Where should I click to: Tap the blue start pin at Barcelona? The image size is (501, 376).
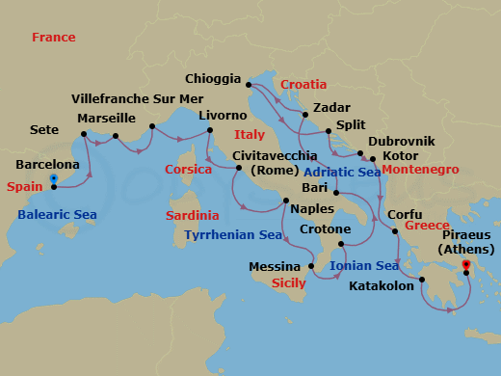pyautogui.click(x=53, y=179)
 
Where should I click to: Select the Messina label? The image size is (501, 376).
pyautogui.click(x=276, y=266)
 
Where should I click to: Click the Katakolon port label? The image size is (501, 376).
pyautogui.click(x=381, y=286)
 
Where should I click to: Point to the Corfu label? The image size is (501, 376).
pyautogui.click(x=404, y=215)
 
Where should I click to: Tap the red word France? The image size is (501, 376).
pyautogui.click(x=53, y=37)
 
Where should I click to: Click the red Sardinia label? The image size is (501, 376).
pyautogui.click(x=193, y=214)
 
